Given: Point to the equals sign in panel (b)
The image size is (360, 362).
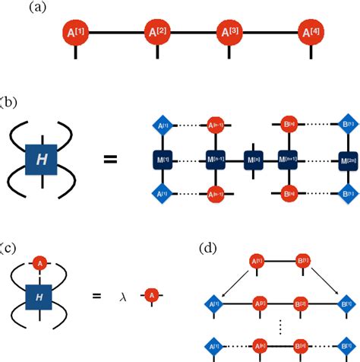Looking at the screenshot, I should pos(111,160).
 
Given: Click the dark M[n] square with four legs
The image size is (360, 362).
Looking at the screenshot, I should pos(253,160).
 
